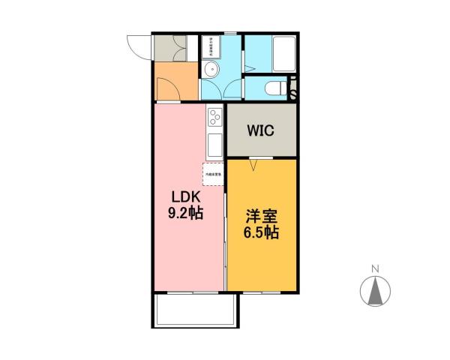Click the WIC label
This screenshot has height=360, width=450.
point(261,130)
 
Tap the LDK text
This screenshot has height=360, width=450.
point(184,198)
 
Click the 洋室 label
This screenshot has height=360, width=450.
point(261,217)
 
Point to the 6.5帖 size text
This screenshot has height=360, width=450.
point(261,232)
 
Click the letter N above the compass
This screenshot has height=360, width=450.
point(377,268)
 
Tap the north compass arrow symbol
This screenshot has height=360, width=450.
point(377,292)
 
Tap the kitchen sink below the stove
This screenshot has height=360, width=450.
point(214,144)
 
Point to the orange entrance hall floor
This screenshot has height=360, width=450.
point(175,82)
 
